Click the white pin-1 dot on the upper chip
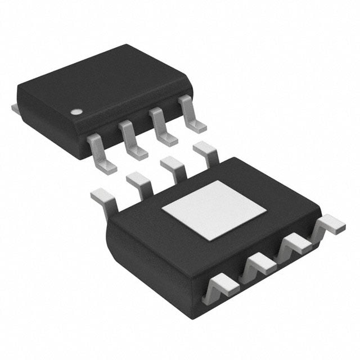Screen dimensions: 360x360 [74, 111]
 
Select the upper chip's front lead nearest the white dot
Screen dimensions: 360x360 [101, 153]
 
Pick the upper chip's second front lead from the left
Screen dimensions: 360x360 [133, 140]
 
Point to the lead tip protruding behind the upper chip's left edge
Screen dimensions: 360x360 [15, 106]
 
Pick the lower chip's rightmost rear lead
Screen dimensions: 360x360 [206, 152]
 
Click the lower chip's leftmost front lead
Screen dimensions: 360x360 [219, 285]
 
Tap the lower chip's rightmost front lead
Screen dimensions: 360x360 [329, 225]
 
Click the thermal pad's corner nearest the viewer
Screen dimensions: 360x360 [208, 240]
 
